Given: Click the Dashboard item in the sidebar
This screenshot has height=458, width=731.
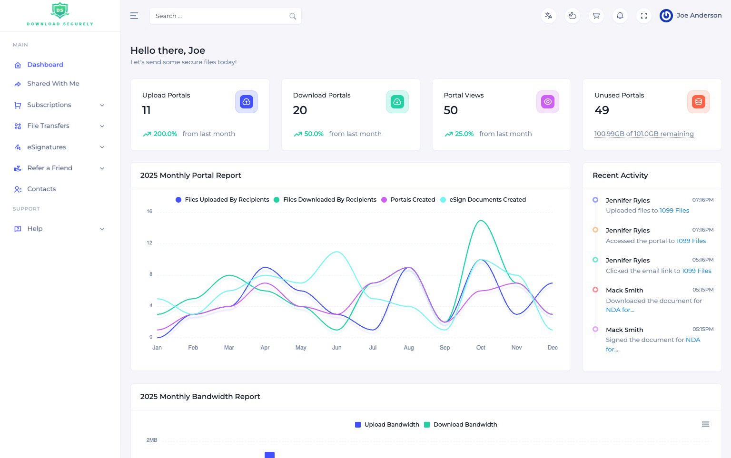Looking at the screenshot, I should pos(45,65).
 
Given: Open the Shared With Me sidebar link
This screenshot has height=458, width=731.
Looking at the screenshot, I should pos(53,84).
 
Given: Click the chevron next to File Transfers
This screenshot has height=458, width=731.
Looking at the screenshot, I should pos(102,126).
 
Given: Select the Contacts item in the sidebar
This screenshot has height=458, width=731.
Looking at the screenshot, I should pos(41,189).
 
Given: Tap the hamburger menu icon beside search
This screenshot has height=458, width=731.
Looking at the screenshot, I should pos(134,16).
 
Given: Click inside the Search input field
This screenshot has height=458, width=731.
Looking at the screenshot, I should pos(219,16).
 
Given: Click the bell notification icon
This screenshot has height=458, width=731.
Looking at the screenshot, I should pos(620,16).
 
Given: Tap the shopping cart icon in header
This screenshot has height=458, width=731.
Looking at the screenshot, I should pos(596,16).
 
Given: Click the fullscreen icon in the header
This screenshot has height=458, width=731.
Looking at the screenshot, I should pos(643,16).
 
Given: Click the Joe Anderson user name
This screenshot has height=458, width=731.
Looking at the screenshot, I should pos(699,16).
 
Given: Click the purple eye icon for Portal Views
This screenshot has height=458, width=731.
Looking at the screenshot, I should pos(547,102).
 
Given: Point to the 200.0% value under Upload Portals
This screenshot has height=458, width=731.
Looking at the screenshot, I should pos(165,134).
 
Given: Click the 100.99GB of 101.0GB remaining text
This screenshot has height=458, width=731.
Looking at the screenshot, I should pos(643,134).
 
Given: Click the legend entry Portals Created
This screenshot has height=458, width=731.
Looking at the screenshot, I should pos(412,200).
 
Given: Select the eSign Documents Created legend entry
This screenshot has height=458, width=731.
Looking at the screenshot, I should pos(487,200).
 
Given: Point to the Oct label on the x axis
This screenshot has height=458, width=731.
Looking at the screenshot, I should pos(481,348).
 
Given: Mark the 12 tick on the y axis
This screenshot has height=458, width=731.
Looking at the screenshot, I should pos(149,243).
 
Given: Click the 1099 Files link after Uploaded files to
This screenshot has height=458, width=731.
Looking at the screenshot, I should pos(674,211).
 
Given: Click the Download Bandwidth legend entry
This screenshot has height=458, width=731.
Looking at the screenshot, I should pos(464,425).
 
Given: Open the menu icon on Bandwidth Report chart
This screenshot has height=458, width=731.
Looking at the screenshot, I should pos(705,424).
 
